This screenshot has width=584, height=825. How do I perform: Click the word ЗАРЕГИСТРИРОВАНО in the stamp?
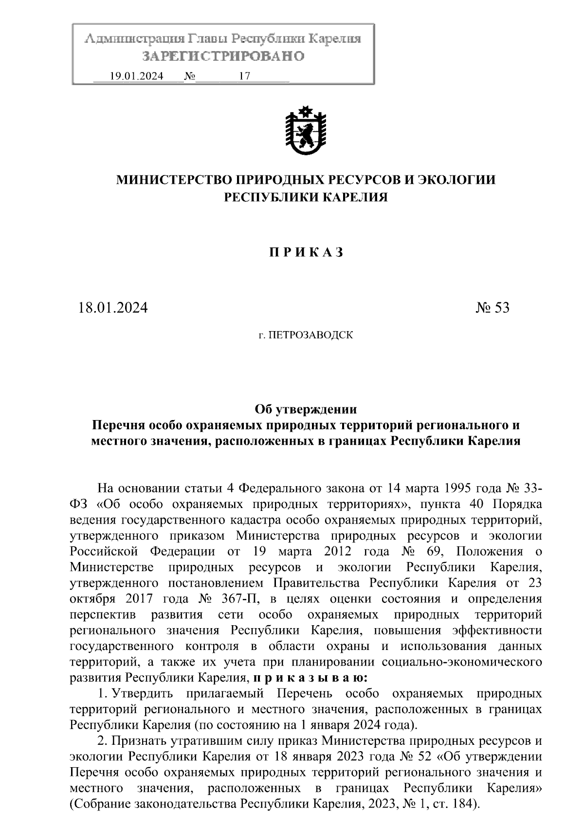223,56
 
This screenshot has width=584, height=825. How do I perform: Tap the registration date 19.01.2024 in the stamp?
137,76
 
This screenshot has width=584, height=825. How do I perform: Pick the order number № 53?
492,308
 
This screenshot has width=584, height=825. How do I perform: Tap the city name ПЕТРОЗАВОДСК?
306,335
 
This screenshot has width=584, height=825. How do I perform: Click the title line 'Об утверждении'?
306,409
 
